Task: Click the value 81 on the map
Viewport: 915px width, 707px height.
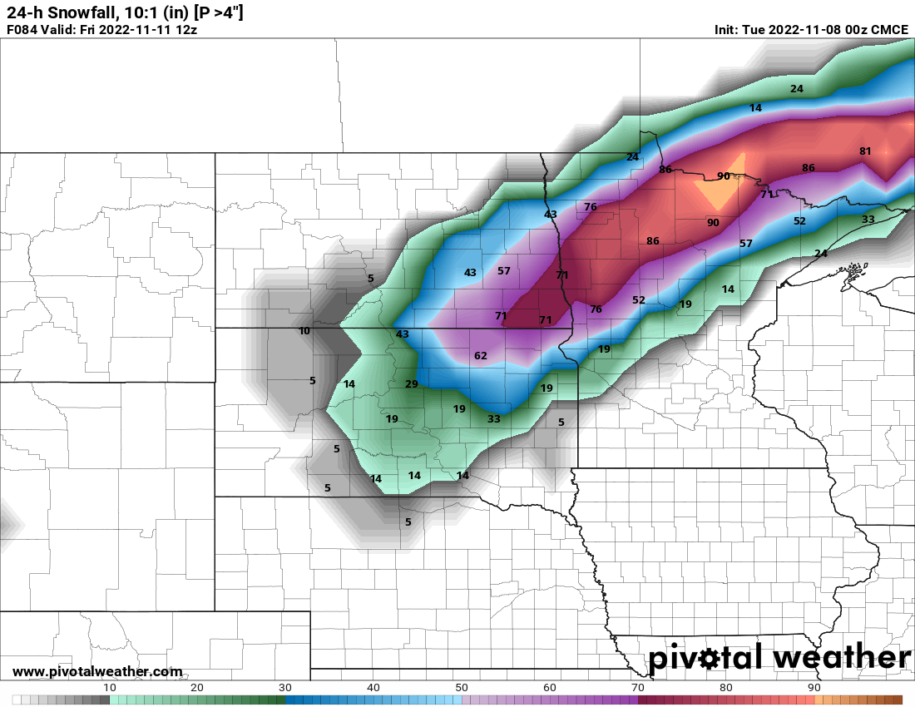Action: pos(865,151)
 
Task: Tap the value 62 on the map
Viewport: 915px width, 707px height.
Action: pos(481,356)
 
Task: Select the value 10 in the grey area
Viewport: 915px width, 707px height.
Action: pos(304,331)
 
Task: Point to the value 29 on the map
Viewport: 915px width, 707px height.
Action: pos(411,384)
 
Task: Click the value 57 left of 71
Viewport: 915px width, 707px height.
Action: pos(504,271)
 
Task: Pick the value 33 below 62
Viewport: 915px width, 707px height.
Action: pos(494,419)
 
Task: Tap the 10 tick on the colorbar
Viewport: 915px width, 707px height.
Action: pos(110,687)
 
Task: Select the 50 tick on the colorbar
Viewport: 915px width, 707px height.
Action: pos(462,687)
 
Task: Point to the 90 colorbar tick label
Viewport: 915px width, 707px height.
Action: pos(814,687)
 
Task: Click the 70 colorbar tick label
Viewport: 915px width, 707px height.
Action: pos(638,687)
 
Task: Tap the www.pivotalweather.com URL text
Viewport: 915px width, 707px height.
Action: pos(97,671)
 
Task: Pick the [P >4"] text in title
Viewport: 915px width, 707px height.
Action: pos(218,12)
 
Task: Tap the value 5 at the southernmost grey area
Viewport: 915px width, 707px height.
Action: pos(408,522)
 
